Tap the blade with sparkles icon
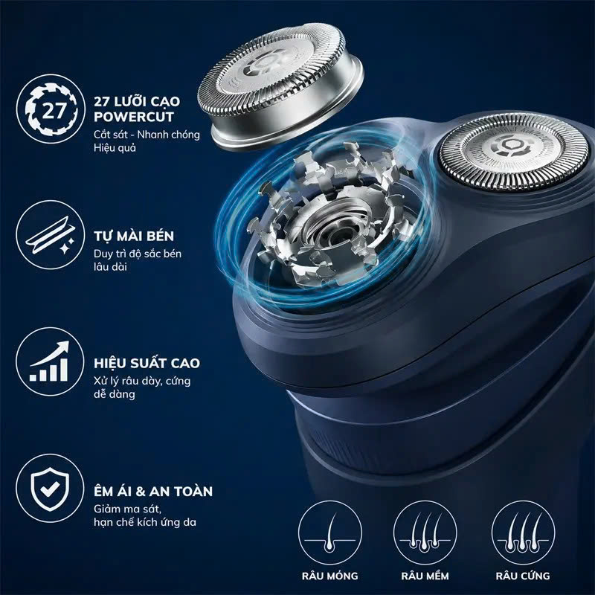(x=50, y=235)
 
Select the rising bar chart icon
(x=50, y=361)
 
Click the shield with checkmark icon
(x=50, y=489)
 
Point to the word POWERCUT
(x=134, y=117)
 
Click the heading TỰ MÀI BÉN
(x=134, y=236)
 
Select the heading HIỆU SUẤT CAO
(x=147, y=363)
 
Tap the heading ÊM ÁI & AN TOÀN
(x=153, y=491)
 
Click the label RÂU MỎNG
(x=329, y=576)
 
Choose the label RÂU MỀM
(x=425, y=576)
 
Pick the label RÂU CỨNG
(x=523, y=575)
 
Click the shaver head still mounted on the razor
(x=513, y=152)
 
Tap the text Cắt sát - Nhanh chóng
(x=147, y=135)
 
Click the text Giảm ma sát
(x=127, y=509)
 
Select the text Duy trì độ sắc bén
(x=138, y=254)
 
